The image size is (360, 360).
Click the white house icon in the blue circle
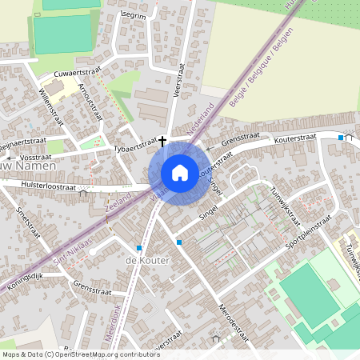click(180, 172)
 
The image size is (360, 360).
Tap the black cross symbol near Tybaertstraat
click(162, 141)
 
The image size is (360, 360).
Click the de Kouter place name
click(143, 261)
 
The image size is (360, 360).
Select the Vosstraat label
click(34, 158)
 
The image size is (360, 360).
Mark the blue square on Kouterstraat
click(341, 138)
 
